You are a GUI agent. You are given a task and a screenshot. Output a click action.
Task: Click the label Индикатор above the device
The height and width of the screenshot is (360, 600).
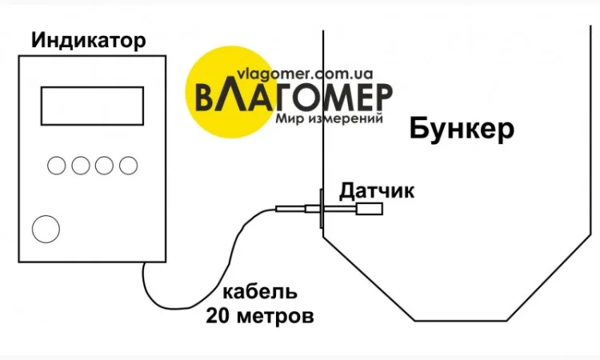tap(89, 40)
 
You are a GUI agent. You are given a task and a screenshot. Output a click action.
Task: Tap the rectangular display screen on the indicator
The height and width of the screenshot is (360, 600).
tap(92, 106)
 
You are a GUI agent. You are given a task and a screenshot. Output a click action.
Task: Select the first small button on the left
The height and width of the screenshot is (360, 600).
tap(57, 166)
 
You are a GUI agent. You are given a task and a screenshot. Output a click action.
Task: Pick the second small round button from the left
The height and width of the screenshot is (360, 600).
tap(81, 166)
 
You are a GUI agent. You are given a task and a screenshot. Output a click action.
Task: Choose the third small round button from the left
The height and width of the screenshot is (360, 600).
tap(105, 166)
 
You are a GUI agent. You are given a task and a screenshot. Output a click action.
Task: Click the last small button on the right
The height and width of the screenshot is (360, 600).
tap(128, 166)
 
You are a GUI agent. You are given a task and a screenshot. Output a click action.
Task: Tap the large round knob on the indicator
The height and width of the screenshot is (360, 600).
tap(46, 229)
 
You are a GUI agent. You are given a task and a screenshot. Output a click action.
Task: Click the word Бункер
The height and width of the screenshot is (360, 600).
tap(462, 129)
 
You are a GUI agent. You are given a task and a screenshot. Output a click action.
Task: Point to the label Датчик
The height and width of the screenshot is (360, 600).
tap(377, 190)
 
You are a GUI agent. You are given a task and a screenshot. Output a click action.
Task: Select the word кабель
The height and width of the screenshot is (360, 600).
tap(260, 290)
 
